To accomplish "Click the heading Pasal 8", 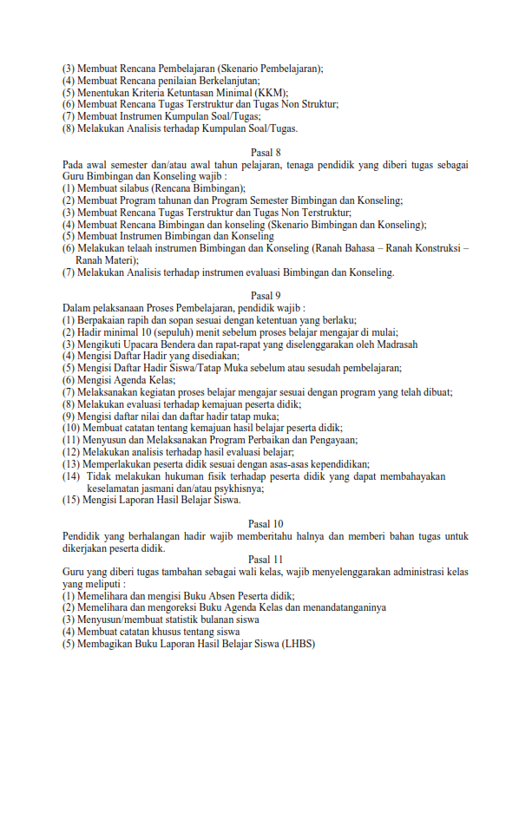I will (x=266, y=153).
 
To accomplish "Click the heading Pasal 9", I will (x=266, y=296).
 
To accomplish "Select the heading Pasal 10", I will (x=266, y=523).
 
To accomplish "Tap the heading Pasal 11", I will (x=266, y=559).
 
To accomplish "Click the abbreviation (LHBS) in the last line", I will (x=298, y=644).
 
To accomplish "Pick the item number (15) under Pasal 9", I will (x=70, y=500).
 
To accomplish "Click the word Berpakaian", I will (x=104, y=320).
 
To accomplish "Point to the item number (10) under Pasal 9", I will (x=70, y=428).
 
